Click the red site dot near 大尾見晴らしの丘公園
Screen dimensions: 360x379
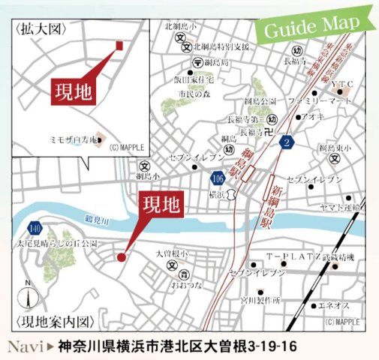(121, 257)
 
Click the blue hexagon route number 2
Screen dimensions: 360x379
(286, 143)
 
